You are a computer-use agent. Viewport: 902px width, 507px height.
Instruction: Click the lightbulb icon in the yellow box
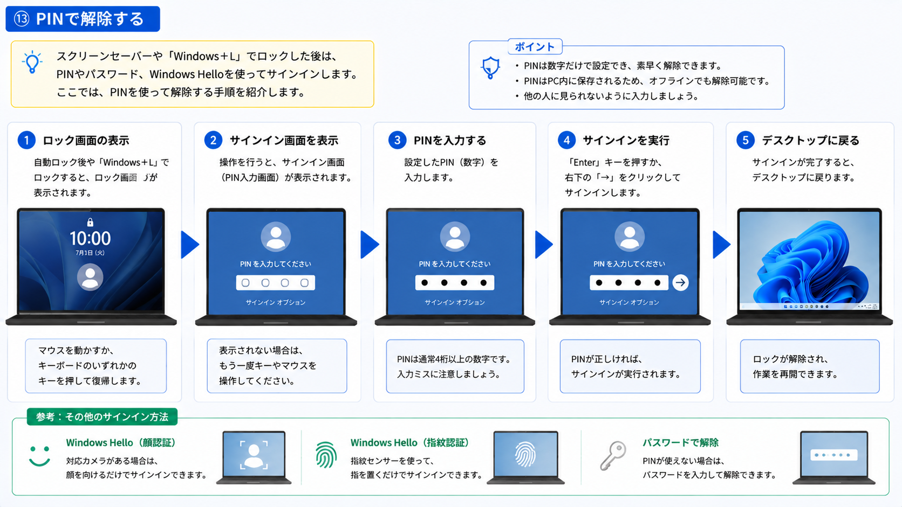32,62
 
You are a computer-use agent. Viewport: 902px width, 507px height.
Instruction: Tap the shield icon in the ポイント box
490,67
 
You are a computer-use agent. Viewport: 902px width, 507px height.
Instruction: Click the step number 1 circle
26,140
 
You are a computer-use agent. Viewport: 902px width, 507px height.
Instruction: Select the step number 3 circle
397,140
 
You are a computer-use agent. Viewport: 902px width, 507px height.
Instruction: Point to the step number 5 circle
746,140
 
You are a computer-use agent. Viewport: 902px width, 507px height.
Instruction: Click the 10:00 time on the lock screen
90,239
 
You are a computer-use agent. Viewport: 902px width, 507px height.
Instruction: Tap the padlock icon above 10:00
90,222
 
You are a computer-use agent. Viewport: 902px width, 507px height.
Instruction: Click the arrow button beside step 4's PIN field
680,283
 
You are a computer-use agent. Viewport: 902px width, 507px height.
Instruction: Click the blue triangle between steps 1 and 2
190,245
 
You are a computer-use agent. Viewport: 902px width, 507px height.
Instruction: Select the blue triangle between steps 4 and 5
721,245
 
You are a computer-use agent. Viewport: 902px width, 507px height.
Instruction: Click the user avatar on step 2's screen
276,237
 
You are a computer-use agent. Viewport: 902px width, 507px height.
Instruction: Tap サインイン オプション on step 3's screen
455,302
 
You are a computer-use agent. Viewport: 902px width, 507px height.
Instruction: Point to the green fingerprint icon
326,455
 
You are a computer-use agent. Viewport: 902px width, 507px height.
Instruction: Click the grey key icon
613,455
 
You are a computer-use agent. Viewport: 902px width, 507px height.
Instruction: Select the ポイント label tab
535,47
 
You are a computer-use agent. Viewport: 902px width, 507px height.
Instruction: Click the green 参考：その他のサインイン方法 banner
102,417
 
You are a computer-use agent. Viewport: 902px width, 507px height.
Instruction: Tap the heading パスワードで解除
680,443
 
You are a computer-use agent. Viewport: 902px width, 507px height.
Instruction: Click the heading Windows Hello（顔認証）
121,443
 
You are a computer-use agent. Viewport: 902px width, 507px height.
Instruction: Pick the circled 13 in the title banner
22,19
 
